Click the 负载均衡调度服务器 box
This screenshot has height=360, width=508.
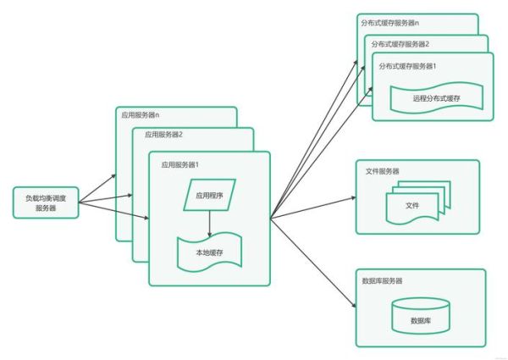(x=46, y=202)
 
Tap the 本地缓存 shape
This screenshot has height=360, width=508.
(x=208, y=252)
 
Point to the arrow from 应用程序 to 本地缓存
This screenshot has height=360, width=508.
(x=208, y=223)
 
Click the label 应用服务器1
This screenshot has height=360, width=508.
(x=179, y=163)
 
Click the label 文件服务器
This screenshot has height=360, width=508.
(x=383, y=171)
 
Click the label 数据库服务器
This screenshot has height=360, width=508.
(x=383, y=280)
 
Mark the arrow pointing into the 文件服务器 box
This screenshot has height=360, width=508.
(x=313, y=209)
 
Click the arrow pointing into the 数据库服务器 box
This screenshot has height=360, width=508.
(x=313, y=263)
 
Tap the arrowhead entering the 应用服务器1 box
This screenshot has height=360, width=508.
(x=146, y=219)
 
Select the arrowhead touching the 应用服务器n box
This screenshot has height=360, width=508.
(x=113, y=179)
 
